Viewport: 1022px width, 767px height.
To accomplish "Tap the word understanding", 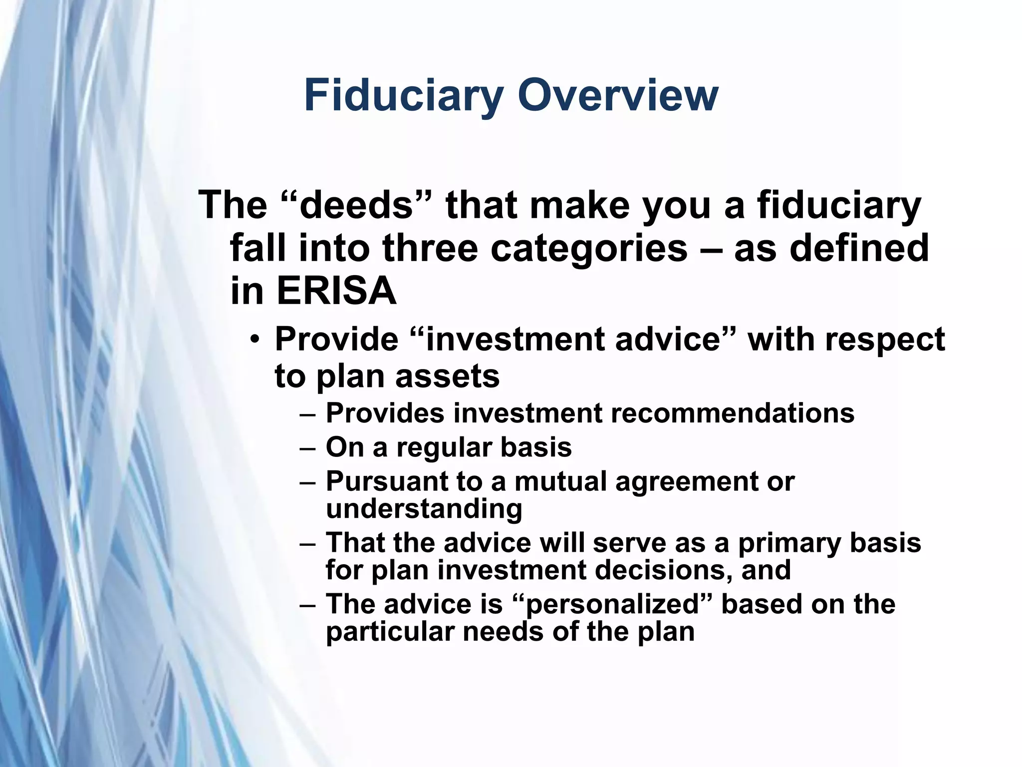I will click(424, 508).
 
